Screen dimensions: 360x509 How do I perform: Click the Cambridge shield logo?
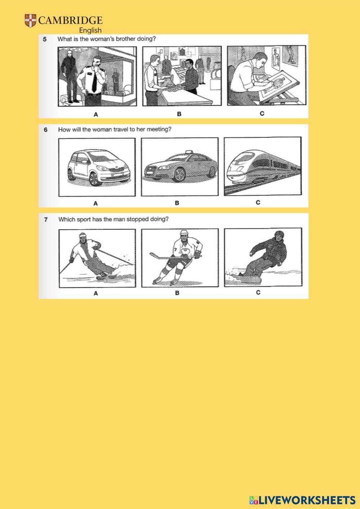(x=31, y=21)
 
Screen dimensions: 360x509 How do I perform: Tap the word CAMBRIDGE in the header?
(x=71, y=21)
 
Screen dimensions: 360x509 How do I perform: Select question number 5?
(x=45, y=39)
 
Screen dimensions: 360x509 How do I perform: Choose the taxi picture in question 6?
(x=180, y=167)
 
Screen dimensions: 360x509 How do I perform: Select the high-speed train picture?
(x=263, y=166)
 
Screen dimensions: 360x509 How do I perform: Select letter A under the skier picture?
(x=96, y=294)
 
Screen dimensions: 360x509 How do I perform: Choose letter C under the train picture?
(x=258, y=202)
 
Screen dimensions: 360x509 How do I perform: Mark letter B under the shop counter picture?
(x=179, y=114)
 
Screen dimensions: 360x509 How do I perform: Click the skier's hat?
(x=83, y=236)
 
